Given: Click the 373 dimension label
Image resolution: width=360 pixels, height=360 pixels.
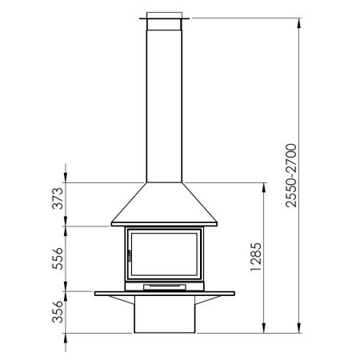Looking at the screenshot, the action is [x=58, y=198].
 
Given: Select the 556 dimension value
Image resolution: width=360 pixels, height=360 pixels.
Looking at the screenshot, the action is [x=58, y=258].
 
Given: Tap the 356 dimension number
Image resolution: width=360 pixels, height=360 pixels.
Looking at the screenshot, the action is [x=58, y=312].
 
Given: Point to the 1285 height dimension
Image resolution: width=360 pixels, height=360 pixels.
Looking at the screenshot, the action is [x=256, y=257].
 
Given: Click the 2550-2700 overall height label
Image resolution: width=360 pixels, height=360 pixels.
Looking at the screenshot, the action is [x=291, y=175].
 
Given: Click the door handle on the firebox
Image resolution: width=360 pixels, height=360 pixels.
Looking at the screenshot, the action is [x=130, y=255].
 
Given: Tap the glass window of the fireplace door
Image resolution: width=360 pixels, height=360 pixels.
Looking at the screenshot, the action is [x=164, y=254].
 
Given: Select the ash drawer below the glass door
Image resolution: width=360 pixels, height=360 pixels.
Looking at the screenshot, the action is [x=165, y=287].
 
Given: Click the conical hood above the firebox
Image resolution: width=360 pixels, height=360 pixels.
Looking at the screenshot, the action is [x=164, y=204].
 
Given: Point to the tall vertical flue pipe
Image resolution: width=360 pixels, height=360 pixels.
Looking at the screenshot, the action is [x=164, y=106].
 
